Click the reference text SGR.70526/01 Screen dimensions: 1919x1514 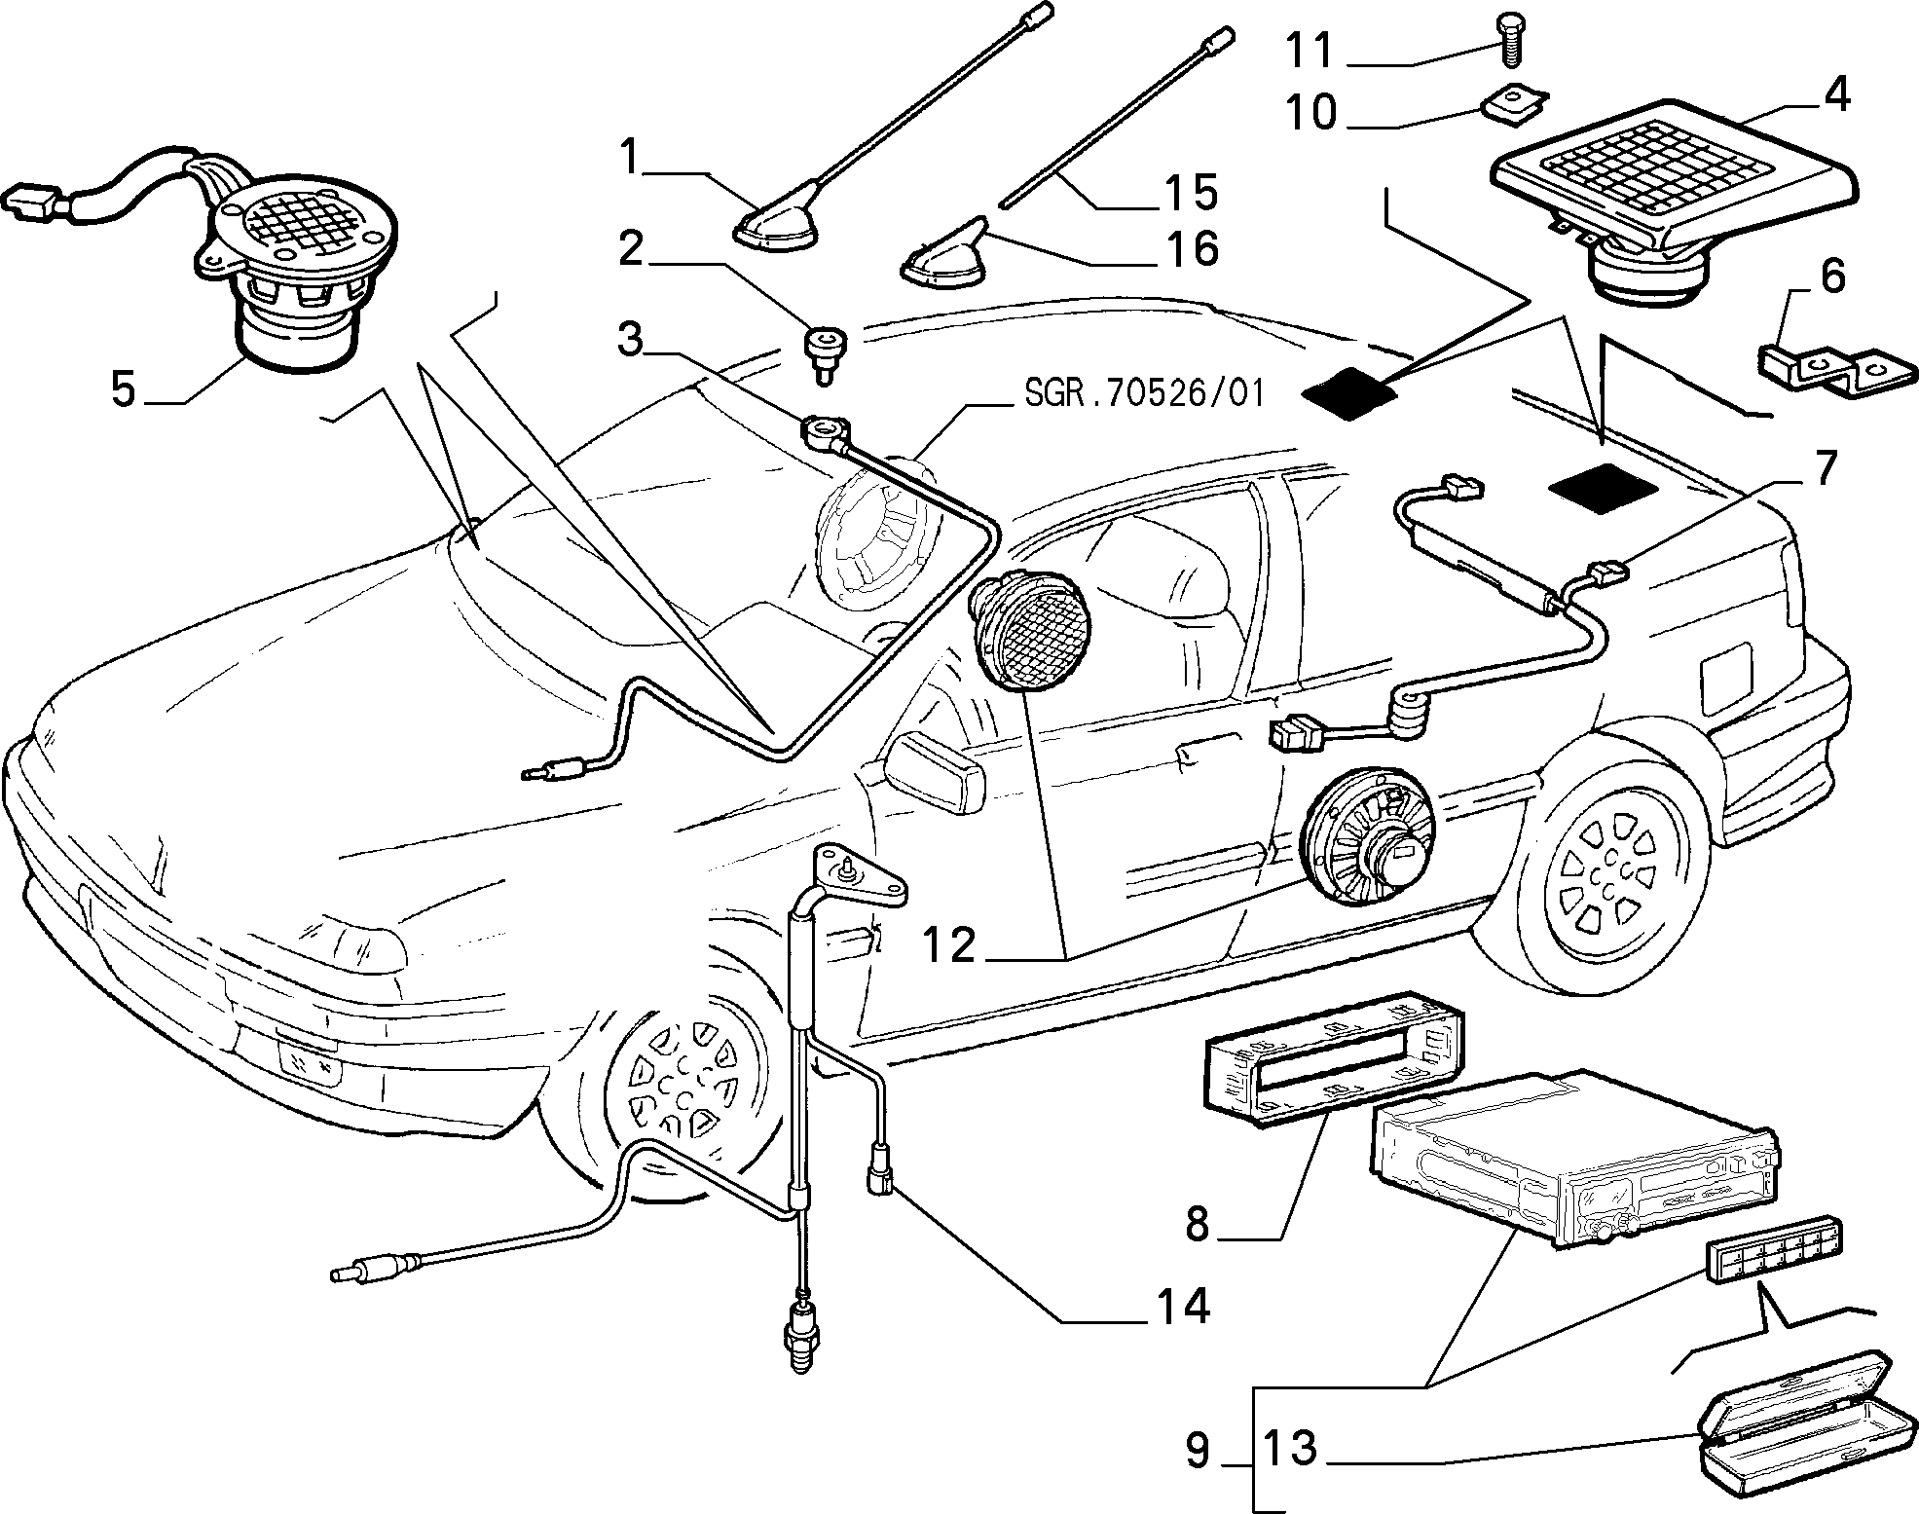tap(1143, 393)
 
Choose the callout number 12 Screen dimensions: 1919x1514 tap(949, 943)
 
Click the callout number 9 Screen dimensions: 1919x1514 tap(1198, 1451)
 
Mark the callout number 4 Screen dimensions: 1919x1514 tap(1836, 94)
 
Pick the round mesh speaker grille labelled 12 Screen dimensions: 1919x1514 tap(1028, 633)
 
